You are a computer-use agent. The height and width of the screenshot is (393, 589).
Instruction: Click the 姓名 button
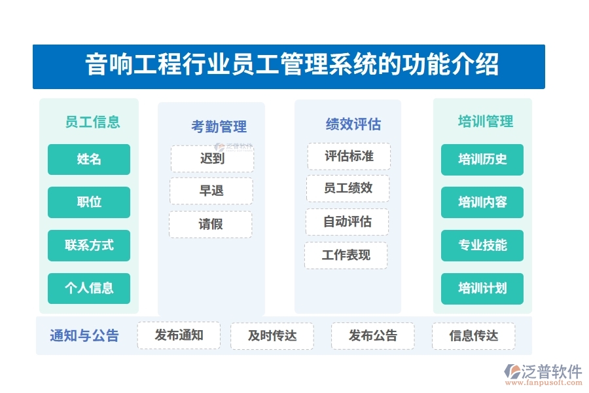tap(89, 159)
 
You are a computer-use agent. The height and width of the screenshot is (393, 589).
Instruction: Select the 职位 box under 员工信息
tap(89, 202)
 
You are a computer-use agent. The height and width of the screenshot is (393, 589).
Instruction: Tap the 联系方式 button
tap(89, 245)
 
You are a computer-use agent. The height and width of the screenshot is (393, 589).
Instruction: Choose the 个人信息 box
tap(89, 288)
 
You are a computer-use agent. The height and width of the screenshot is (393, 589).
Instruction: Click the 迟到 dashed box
tap(212, 159)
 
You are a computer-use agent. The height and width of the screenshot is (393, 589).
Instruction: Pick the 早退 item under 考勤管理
tap(211, 191)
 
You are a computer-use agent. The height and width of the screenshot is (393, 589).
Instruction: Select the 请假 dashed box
tap(210, 224)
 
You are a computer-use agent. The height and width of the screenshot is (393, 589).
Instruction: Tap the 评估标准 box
tap(349, 157)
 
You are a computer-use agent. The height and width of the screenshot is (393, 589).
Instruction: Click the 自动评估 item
tap(347, 222)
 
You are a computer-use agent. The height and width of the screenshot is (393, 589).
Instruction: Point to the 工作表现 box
tap(346, 255)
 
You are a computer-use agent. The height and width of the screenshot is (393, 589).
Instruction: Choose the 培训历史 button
tap(482, 159)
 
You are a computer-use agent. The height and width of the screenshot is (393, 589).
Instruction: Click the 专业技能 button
tap(482, 245)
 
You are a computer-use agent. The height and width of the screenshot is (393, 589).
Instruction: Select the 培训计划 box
tap(482, 288)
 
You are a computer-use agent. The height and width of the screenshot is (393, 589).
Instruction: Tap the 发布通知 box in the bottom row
tap(179, 335)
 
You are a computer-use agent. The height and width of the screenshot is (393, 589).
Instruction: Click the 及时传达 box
tap(272, 336)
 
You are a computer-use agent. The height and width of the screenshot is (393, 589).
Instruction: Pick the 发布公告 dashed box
tap(372, 336)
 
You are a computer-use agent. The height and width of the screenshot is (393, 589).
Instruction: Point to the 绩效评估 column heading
tap(353, 124)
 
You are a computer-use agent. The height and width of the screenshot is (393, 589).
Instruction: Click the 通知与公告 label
tap(84, 336)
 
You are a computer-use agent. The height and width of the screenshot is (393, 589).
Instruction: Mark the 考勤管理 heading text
tap(219, 126)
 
